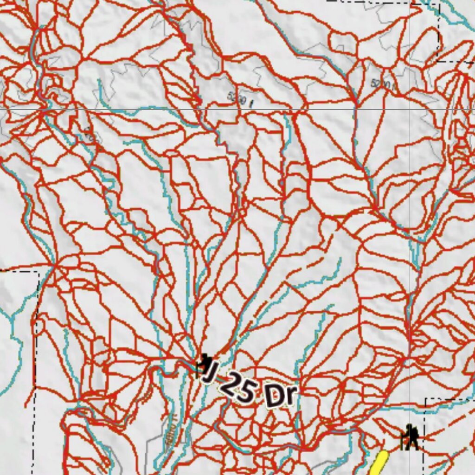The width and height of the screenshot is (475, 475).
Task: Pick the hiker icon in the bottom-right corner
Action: (x=410, y=437)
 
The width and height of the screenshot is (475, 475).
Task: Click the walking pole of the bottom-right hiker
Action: (x=402, y=441)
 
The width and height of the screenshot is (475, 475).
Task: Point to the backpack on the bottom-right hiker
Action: (x=414, y=434)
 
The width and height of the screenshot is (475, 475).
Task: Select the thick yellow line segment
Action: (x=378, y=464)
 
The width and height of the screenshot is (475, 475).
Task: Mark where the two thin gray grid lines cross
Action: (x=410, y=109)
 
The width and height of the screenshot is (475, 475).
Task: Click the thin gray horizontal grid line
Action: (x=139, y=109)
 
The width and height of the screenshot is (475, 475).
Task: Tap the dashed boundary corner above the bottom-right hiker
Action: (x=426, y=399)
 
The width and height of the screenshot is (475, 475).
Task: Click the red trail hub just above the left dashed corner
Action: (x=55, y=265)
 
